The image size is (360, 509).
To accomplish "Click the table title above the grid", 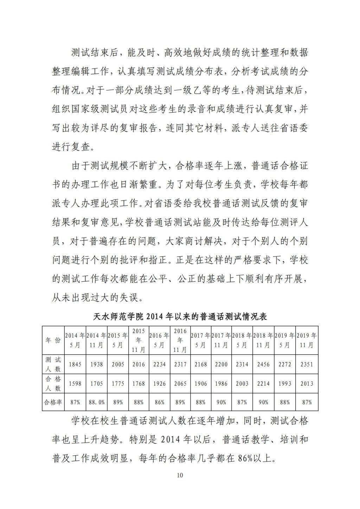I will click(180, 316).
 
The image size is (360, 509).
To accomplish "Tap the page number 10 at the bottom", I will click(180, 475).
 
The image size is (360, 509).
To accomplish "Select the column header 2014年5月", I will click(75, 340).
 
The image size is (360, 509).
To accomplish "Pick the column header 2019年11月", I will click(307, 340).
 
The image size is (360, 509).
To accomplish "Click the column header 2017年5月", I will click(200, 340).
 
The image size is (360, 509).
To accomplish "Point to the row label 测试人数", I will click(53, 364).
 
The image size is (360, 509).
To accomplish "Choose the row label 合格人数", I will click(53, 384).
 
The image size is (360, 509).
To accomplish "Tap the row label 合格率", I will click(53, 402).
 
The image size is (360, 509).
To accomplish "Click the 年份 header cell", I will click(53, 340).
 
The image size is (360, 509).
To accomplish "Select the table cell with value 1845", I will click(75, 364).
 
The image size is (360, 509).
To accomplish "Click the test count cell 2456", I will click(263, 364).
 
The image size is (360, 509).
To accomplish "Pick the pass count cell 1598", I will click(75, 384).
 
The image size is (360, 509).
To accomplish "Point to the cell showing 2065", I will click(180, 384).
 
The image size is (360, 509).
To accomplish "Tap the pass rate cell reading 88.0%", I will click(96, 402).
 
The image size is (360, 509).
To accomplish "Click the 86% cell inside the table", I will click(159, 402).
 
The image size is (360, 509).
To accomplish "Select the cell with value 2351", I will click(307, 364).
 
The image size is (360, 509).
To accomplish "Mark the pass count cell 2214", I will click(263, 384).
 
